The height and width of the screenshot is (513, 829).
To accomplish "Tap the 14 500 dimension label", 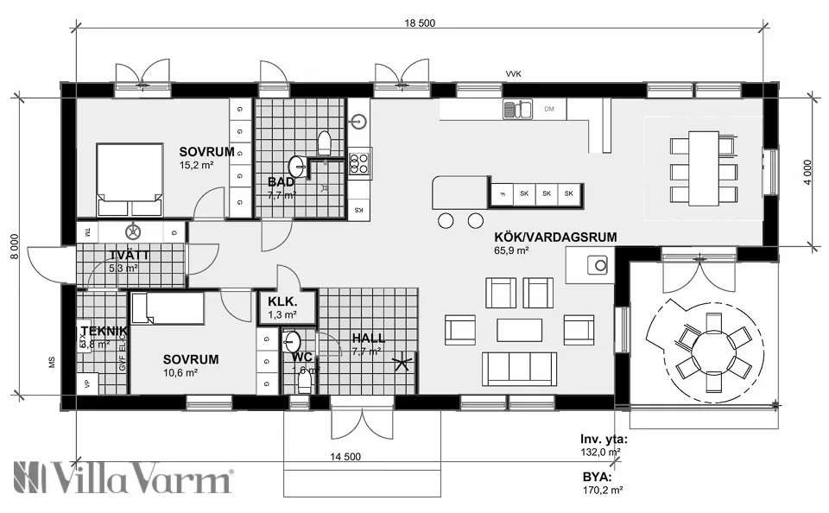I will (x=345, y=457).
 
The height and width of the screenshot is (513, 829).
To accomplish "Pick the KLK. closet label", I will (x=282, y=302).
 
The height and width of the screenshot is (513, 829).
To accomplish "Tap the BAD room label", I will (x=281, y=182).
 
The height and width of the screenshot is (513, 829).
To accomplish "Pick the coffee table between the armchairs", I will (x=519, y=330).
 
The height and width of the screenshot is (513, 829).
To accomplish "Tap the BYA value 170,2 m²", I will (x=603, y=489).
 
